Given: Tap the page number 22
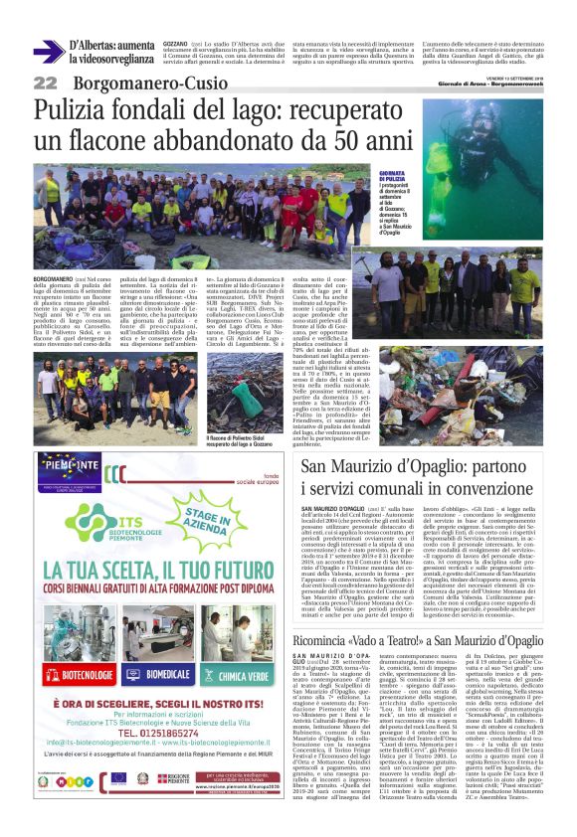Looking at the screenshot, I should [x=45, y=84].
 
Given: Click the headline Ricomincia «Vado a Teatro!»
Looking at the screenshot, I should [x=425, y=611].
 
